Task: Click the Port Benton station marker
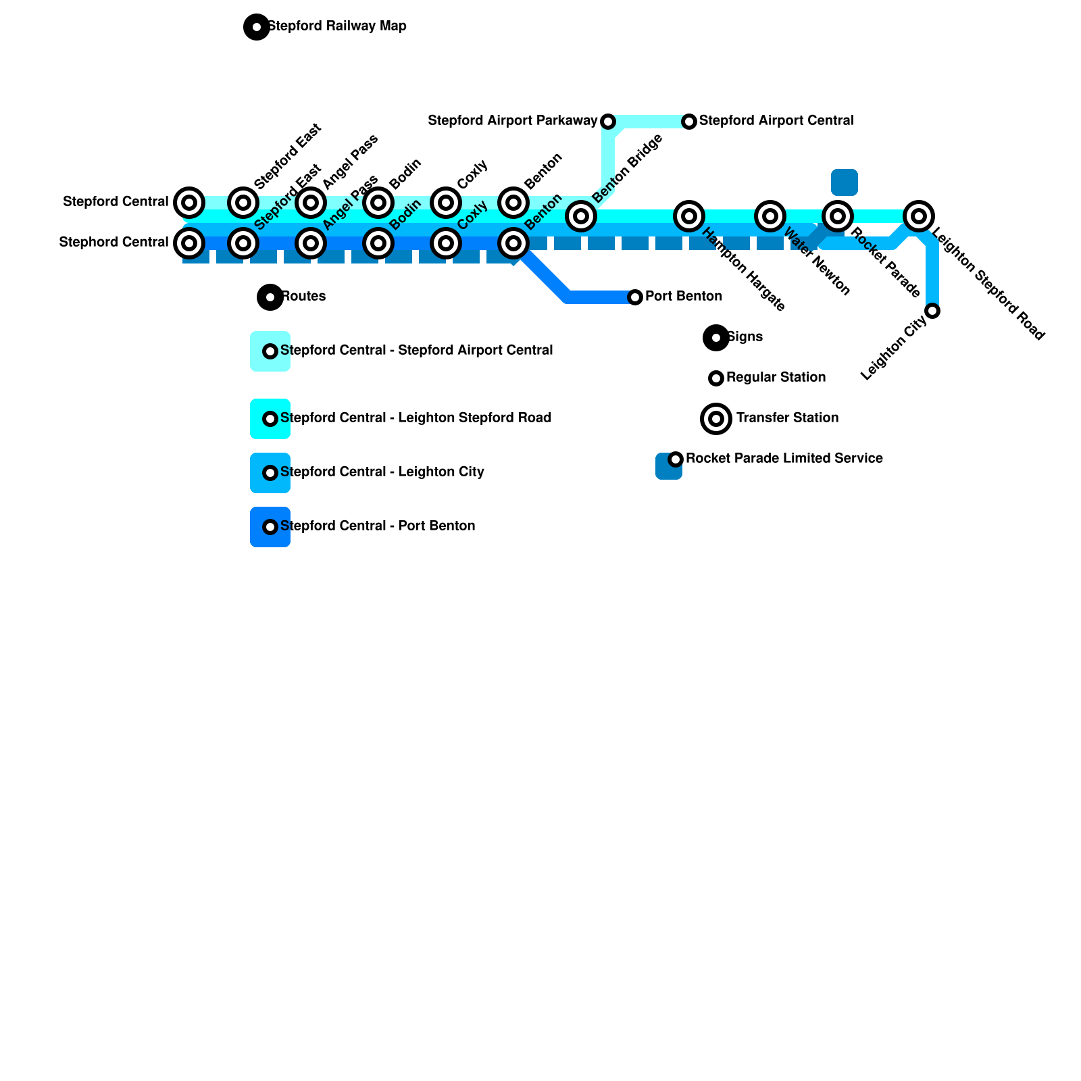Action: point(635,297)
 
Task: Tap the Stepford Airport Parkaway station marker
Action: point(608,122)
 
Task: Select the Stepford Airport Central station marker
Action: point(689,122)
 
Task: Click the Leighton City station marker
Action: point(932,311)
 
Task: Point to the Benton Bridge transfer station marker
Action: point(581,216)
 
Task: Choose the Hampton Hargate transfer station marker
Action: point(689,216)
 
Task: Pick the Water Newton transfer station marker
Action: point(770,216)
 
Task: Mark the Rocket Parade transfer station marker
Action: point(838,216)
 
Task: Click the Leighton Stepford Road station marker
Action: point(919,216)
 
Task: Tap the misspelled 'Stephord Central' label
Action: point(114,242)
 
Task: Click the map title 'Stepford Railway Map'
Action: point(336,26)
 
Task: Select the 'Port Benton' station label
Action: point(683,296)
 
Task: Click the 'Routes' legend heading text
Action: point(303,296)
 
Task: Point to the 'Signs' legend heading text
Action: point(745,336)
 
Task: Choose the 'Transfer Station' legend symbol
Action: point(716,419)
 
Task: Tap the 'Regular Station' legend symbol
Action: point(716,378)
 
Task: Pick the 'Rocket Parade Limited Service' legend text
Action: point(784,458)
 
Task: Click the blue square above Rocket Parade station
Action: point(845,182)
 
